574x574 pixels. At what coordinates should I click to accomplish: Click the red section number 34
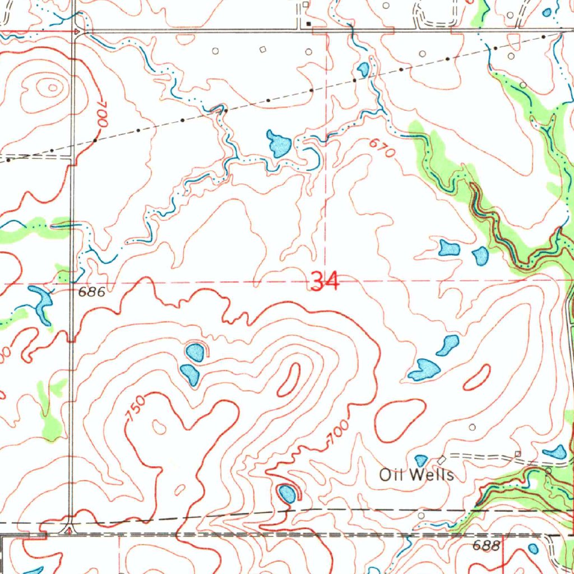click(x=325, y=281)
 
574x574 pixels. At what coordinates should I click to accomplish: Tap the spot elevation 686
click(x=92, y=291)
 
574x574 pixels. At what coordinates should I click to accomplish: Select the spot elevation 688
click(x=486, y=545)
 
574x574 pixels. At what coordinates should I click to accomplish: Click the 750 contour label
click(x=136, y=408)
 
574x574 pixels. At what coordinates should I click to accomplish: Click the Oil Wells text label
click(x=416, y=475)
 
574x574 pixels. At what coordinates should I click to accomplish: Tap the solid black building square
click(x=308, y=24)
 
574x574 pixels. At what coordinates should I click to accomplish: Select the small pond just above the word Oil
click(x=421, y=460)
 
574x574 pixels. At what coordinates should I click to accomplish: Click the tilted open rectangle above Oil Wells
click(x=442, y=460)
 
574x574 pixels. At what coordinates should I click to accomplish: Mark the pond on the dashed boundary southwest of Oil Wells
click(x=287, y=493)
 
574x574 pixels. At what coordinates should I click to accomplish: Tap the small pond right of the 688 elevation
click(x=533, y=549)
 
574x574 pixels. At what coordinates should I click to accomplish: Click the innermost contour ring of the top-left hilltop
click(x=52, y=87)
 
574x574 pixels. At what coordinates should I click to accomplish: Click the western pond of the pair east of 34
click(x=449, y=247)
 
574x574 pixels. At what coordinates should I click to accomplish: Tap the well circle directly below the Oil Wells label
click(x=421, y=514)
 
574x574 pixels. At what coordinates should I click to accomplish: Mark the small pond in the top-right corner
click(x=547, y=12)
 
